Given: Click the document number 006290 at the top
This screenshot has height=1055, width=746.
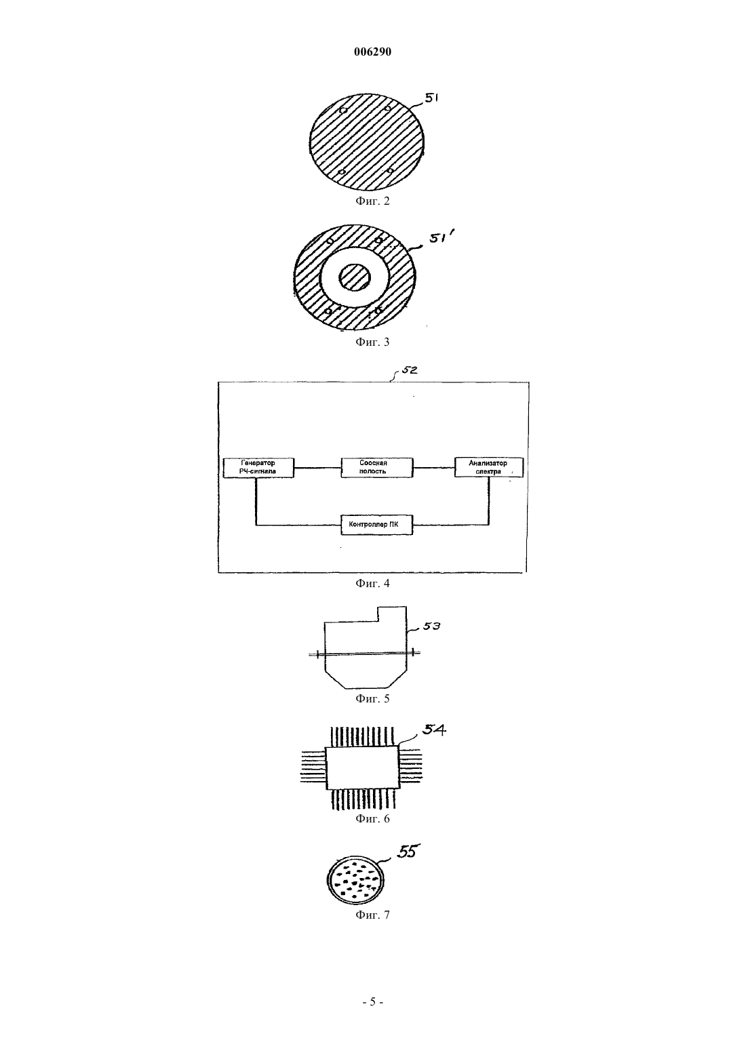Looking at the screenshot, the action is [372, 52].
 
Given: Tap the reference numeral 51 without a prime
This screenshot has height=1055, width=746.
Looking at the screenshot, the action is [432, 98].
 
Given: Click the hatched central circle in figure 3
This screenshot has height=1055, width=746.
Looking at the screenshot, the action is [355, 277].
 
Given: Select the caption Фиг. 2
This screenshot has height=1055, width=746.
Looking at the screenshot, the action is [372, 201].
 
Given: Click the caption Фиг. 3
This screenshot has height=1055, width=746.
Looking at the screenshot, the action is [372, 342].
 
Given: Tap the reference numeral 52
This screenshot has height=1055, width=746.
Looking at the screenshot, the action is [409, 370].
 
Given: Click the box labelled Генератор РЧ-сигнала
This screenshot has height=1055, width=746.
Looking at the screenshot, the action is [258, 467].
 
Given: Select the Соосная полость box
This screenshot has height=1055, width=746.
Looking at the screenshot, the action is [377, 467].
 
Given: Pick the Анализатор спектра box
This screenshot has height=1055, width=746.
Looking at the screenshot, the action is [488, 467].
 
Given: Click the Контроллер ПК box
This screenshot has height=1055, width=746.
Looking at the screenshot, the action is [377, 525].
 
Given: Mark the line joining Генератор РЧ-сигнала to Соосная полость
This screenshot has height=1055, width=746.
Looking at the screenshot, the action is [317, 468].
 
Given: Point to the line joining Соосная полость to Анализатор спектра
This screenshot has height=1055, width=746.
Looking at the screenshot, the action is [433, 468].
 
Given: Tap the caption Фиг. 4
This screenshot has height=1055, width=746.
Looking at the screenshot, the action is [372, 584].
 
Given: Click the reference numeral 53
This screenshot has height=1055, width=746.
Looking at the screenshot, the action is [431, 626].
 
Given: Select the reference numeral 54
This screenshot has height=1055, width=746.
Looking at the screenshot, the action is [434, 730].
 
